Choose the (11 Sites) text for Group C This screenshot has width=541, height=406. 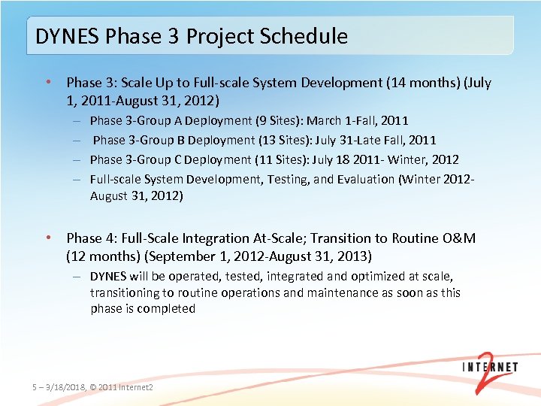coord(287,159)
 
